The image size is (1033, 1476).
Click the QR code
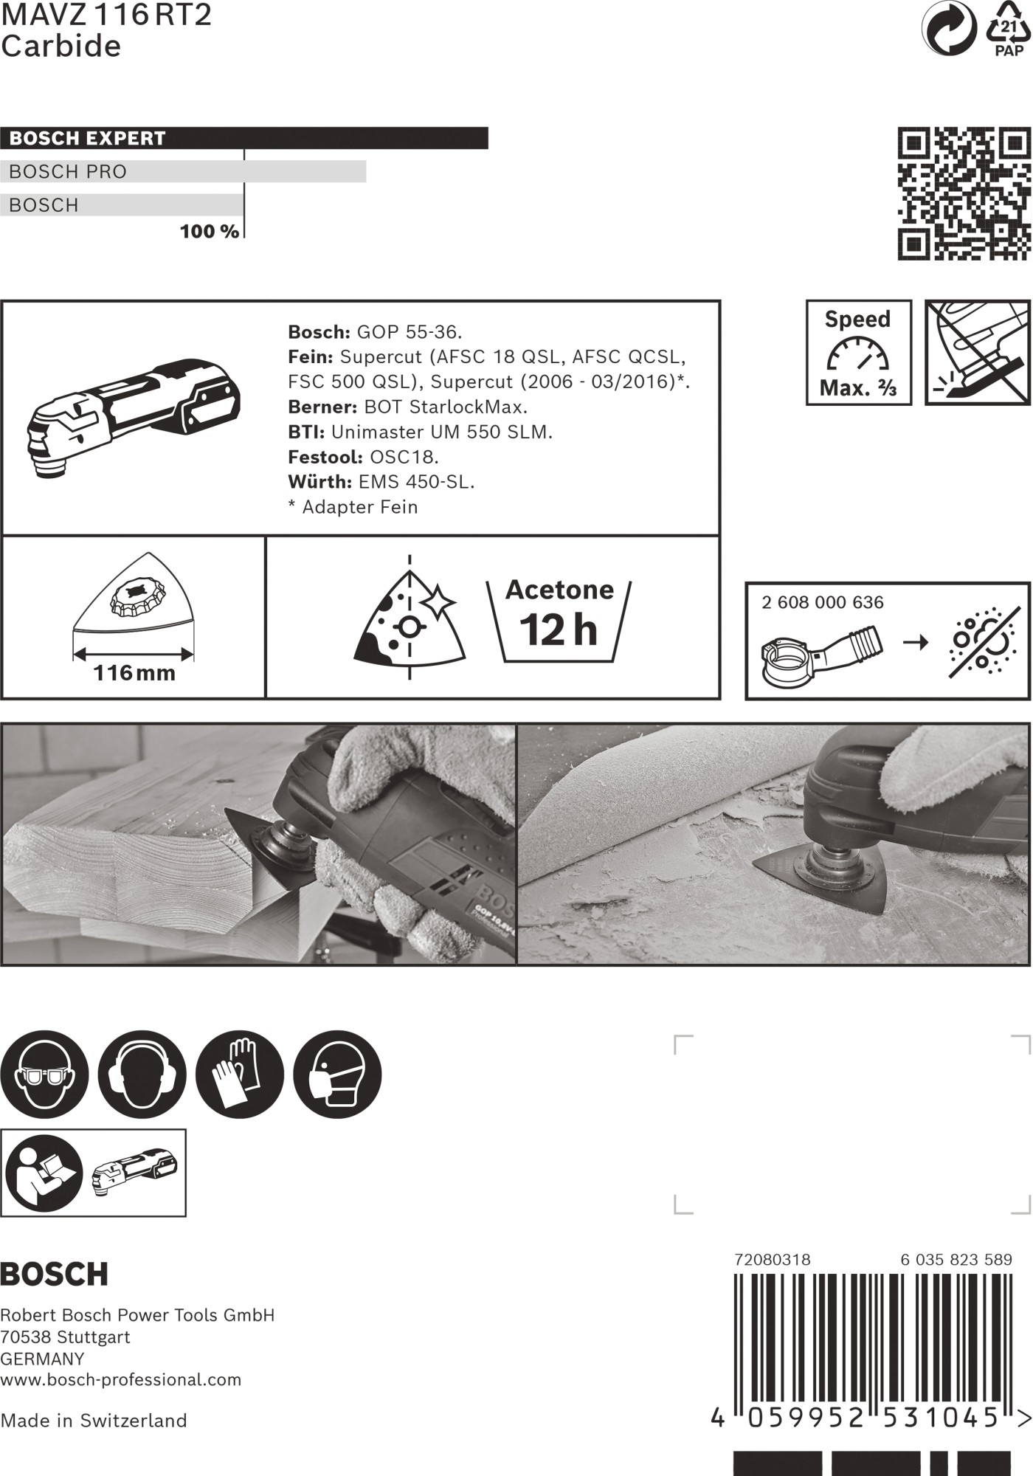click(x=964, y=193)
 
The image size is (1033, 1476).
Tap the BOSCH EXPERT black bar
click(x=243, y=138)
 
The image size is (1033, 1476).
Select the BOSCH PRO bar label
click(x=68, y=171)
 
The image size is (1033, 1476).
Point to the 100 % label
click(x=209, y=231)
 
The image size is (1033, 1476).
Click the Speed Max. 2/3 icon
click(x=858, y=353)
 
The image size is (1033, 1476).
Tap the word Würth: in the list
click(x=319, y=482)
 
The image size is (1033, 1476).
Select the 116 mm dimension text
click(x=134, y=673)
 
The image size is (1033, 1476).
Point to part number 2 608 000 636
click(x=822, y=602)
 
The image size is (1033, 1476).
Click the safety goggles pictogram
click(x=44, y=1075)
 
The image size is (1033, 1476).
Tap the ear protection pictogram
click(x=142, y=1075)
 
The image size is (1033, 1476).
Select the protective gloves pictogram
click(x=239, y=1075)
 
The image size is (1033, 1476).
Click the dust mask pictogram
click(x=337, y=1075)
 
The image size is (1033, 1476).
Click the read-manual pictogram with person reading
click(x=44, y=1172)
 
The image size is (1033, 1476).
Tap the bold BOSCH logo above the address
click(x=54, y=1274)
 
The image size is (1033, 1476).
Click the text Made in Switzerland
click(x=94, y=1421)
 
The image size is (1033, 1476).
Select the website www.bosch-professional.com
click(x=120, y=1379)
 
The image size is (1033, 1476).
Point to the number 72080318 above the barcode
click(x=772, y=1260)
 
